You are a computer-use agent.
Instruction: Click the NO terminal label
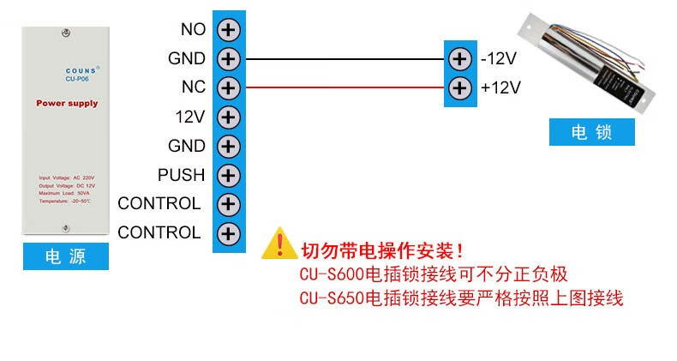193,29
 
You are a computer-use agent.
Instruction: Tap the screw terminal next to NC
228,87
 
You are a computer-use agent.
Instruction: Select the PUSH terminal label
181,175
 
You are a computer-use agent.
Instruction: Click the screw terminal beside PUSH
228,175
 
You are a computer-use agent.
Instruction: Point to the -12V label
498,59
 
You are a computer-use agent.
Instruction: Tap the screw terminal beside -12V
460,59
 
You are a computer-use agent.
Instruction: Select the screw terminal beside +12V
460,87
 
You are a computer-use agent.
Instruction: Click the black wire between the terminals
343,59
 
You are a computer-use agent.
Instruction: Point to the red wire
343,87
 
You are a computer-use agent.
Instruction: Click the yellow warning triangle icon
278,244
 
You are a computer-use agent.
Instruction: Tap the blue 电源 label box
66,256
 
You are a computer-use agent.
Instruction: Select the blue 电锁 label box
592,133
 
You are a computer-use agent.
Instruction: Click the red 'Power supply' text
67,104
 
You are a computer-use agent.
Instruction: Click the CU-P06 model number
78,81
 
